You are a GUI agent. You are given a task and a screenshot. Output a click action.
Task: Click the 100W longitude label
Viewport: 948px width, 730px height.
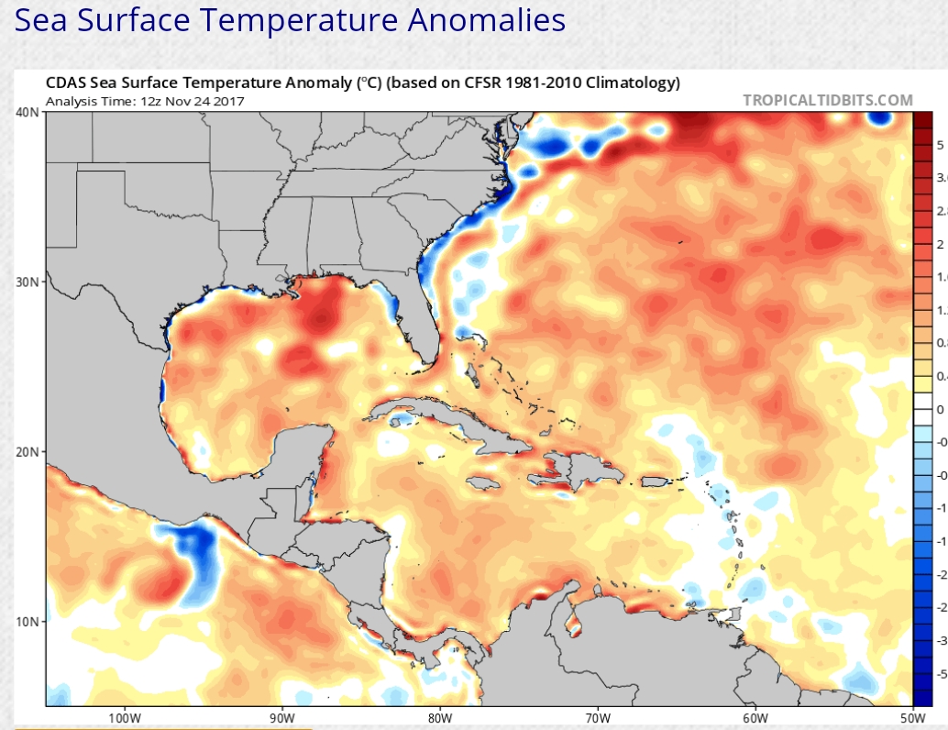124,716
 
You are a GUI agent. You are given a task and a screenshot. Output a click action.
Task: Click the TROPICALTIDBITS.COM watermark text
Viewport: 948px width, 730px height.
828,100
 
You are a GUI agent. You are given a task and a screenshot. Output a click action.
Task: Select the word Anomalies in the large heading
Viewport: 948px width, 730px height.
476,19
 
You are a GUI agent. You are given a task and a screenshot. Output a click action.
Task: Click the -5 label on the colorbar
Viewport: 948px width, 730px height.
940,673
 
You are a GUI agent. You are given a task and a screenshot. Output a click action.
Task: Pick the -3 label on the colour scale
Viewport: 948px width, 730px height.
940,640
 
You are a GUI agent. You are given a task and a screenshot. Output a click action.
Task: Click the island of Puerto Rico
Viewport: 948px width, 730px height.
654,481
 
